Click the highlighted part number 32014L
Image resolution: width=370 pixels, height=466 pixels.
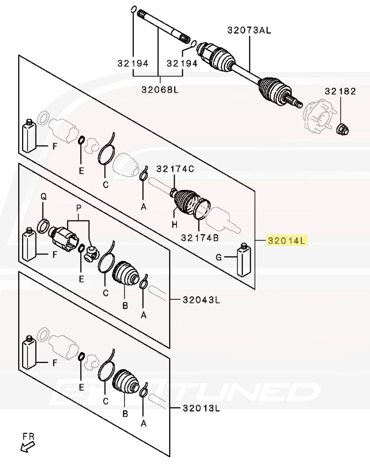[287, 241]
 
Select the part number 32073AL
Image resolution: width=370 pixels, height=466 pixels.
[249, 30]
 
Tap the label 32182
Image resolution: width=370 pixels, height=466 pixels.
[340, 91]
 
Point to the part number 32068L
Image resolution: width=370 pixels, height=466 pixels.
[159, 90]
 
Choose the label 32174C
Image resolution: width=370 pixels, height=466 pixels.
[175, 169]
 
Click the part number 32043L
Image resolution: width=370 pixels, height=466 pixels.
[201, 299]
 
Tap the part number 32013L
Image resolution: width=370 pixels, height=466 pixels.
[201, 408]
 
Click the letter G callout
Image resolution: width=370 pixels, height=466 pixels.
[219, 257]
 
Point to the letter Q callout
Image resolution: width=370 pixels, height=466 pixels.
[43, 197]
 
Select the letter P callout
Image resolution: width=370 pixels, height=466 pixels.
[77, 209]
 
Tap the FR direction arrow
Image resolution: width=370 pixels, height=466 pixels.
[26, 446]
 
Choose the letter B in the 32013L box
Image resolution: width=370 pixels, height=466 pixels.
[125, 414]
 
